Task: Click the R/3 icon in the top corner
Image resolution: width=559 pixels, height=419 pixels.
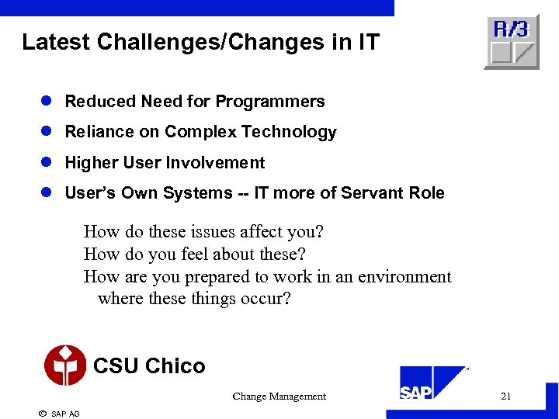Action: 511,42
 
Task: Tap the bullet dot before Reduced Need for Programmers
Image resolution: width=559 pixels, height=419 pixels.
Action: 47,102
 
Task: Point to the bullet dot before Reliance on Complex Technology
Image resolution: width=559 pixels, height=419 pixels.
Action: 47,132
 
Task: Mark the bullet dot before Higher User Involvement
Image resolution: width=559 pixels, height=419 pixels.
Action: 47,163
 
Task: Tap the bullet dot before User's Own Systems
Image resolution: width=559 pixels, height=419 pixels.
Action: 47,193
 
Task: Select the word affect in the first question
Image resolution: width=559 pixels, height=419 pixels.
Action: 256,232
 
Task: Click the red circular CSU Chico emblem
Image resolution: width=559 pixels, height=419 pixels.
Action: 64,365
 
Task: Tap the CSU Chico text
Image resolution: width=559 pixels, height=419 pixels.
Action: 149,366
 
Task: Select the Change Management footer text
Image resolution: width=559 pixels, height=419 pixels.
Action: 279,396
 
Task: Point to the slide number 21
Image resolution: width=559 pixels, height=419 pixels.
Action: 505,396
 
